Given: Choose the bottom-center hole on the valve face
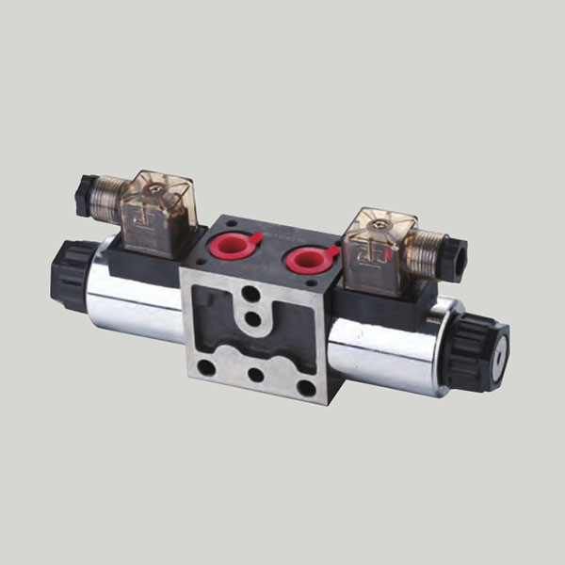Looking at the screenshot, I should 255,374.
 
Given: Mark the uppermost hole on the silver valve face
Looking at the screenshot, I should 250,295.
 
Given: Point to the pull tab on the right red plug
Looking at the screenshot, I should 333,249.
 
